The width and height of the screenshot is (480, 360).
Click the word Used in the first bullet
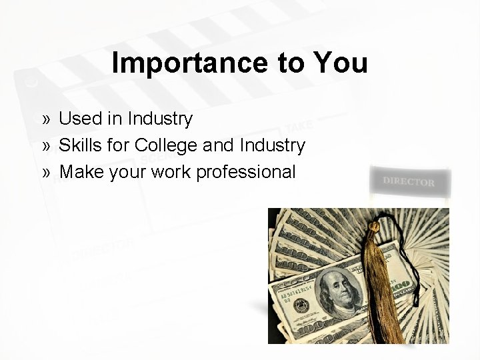coord(77,119)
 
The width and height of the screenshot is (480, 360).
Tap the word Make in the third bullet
coord(79,172)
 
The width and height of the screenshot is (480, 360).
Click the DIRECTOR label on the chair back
coord(409,181)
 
